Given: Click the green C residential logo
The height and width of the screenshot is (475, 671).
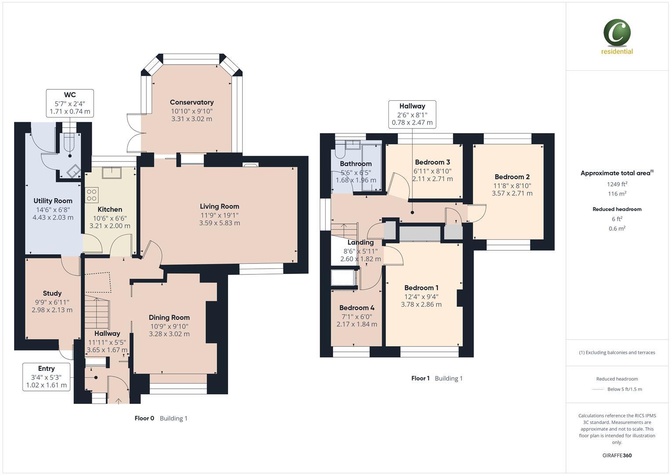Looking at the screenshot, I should point(617,33).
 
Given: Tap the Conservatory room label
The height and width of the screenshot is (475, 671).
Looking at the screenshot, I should point(192,102).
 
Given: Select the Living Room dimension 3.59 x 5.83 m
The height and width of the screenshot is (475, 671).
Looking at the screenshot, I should point(219,223).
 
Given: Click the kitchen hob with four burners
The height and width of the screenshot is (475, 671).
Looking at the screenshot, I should point(92,195).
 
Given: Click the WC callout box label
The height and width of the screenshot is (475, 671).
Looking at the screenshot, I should point(70,95).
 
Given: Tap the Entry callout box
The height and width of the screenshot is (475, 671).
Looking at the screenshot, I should point(46,377).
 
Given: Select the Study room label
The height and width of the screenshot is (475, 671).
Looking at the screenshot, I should point(52,293).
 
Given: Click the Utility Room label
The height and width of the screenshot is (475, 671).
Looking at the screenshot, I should point(53,201).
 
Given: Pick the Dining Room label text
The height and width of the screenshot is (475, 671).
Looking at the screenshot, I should point(169,318).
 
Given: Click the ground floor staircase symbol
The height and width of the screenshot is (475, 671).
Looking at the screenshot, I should point(97,313).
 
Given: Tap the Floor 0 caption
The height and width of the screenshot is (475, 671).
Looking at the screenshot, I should point(144,418).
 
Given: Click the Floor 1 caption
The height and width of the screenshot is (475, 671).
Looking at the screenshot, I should point(420,378).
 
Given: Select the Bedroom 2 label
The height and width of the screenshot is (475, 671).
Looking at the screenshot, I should point(512,177).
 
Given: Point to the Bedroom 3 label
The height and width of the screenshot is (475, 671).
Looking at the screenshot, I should point(432,162).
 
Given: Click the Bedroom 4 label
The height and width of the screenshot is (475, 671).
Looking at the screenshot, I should point(357,308).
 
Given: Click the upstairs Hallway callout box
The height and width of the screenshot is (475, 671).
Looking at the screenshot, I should point(412,114).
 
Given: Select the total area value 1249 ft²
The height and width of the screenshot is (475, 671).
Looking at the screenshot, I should point(617,184).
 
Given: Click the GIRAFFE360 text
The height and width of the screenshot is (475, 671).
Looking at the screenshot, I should point(617,455).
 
